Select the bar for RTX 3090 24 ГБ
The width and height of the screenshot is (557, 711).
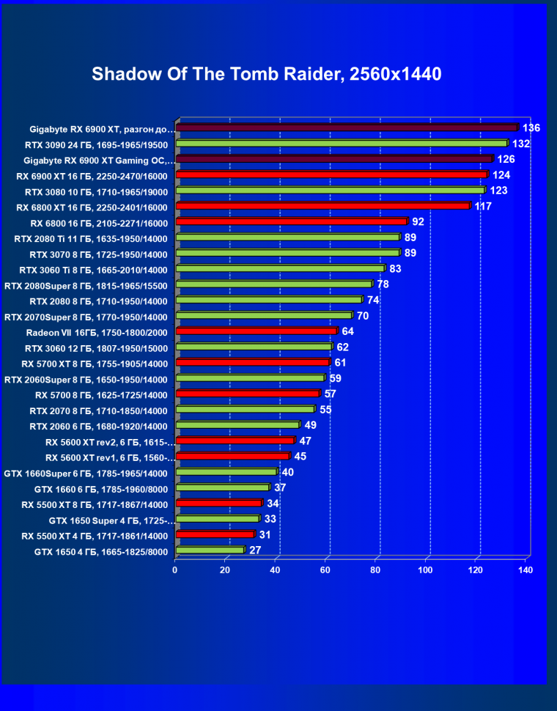click(x=342, y=144)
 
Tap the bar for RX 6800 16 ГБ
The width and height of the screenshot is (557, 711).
click(x=291, y=222)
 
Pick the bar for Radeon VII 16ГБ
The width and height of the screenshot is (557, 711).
click(x=257, y=331)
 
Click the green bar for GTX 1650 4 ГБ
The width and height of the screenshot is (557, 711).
click(x=210, y=550)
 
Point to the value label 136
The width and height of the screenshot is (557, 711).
click(x=531, y=128)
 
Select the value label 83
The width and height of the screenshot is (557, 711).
click(x=396, y=269)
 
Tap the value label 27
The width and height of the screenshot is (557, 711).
click(x=256, y=550)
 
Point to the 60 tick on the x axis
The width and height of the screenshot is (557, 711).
click(x=326, y=570)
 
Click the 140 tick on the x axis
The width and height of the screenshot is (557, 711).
click(x=525, y=570)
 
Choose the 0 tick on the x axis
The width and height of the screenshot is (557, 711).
click(x=175, y=570)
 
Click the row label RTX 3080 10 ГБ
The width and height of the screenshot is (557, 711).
click(x=96, y=191)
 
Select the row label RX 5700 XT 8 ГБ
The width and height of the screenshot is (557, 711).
click(x=95, y=364)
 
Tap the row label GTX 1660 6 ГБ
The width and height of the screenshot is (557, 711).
click(x=101, y=489)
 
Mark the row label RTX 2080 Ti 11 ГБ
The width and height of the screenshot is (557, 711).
click(x=91, y=238)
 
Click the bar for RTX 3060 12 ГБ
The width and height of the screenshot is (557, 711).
click(x=254, y=347)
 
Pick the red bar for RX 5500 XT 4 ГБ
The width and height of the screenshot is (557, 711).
click(x=215, y=535)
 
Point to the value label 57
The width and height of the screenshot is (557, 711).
click(x=331, y=394)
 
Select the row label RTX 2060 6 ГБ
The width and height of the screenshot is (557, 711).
click(x=98, y=426)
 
